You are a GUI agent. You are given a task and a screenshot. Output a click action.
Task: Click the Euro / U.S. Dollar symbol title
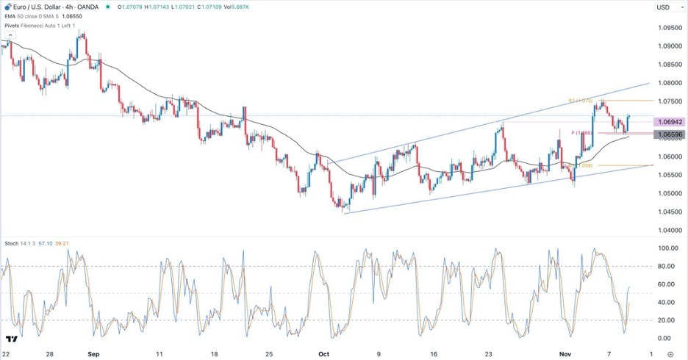click(43, 7)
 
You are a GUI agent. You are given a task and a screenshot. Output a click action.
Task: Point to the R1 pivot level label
click(580, 100)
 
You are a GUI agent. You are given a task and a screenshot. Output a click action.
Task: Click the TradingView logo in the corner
click(12, 339)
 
